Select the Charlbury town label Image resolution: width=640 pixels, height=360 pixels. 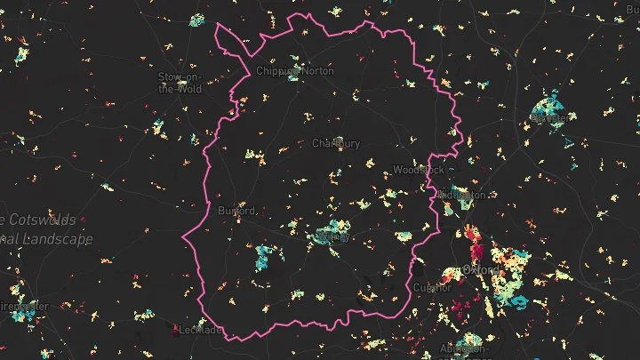(x=336, y=143)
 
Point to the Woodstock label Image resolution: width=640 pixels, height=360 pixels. (x=417, y=169)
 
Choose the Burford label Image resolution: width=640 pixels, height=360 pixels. (x=237, y=211)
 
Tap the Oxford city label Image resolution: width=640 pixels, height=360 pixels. (x=481, y=269)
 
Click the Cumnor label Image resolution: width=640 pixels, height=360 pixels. (x=433, y=288)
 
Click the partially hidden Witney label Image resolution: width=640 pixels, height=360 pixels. (x=332, y=237)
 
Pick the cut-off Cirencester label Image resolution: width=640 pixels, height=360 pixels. (x=24, y=305)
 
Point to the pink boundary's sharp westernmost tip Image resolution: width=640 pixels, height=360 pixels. (x=183, y=238)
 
